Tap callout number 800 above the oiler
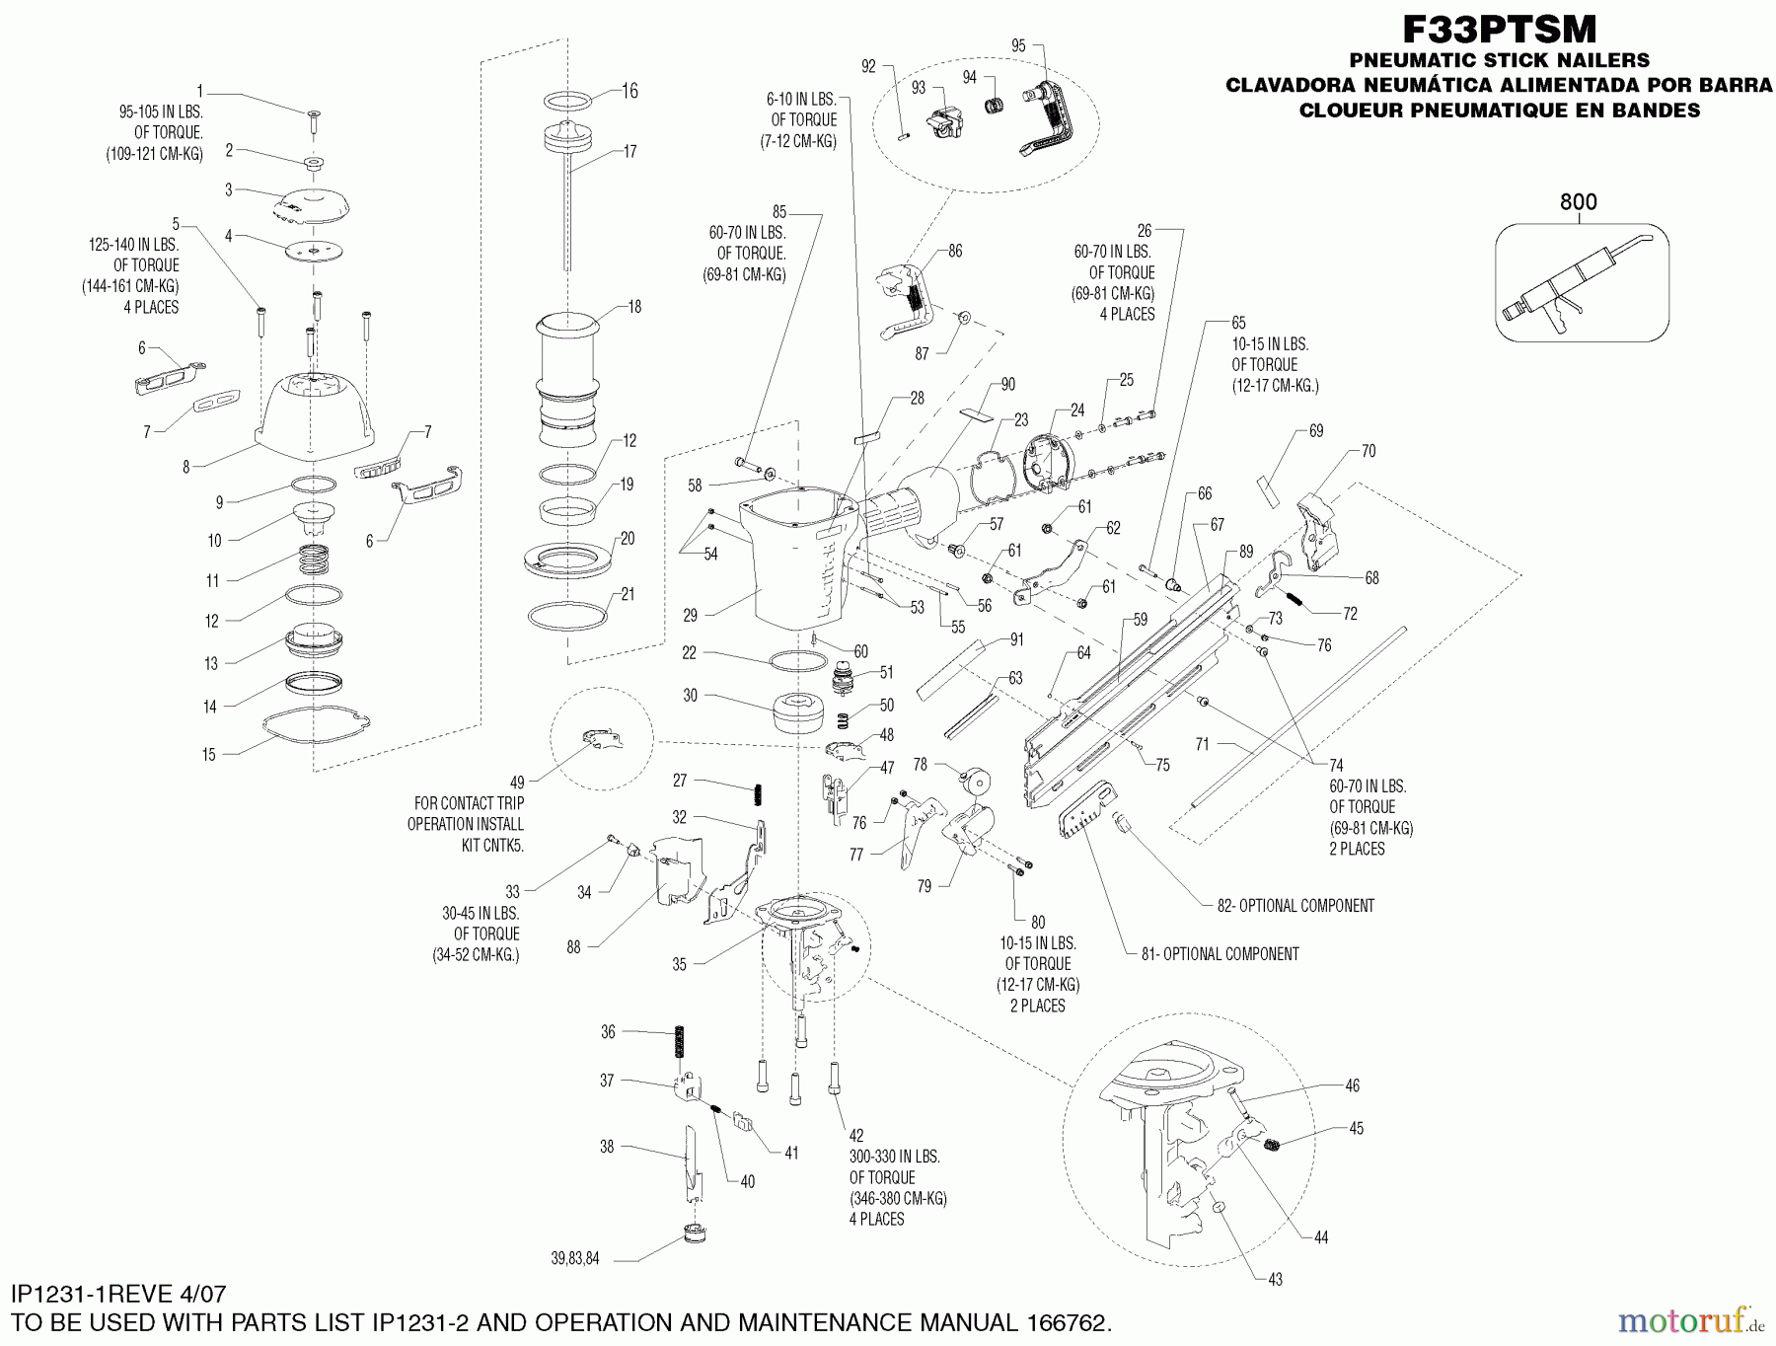[1578, 202]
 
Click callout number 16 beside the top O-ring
[629, 91]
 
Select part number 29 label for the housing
[690, 615]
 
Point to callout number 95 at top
[1019, 45]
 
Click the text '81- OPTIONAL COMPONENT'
[1220, 954]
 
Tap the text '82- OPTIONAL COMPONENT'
[1295, 905]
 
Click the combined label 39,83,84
[575, 1258]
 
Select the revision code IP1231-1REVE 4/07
[119, 1293]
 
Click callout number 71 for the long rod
[1202, 745]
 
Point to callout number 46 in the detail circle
[1352, 1085]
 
